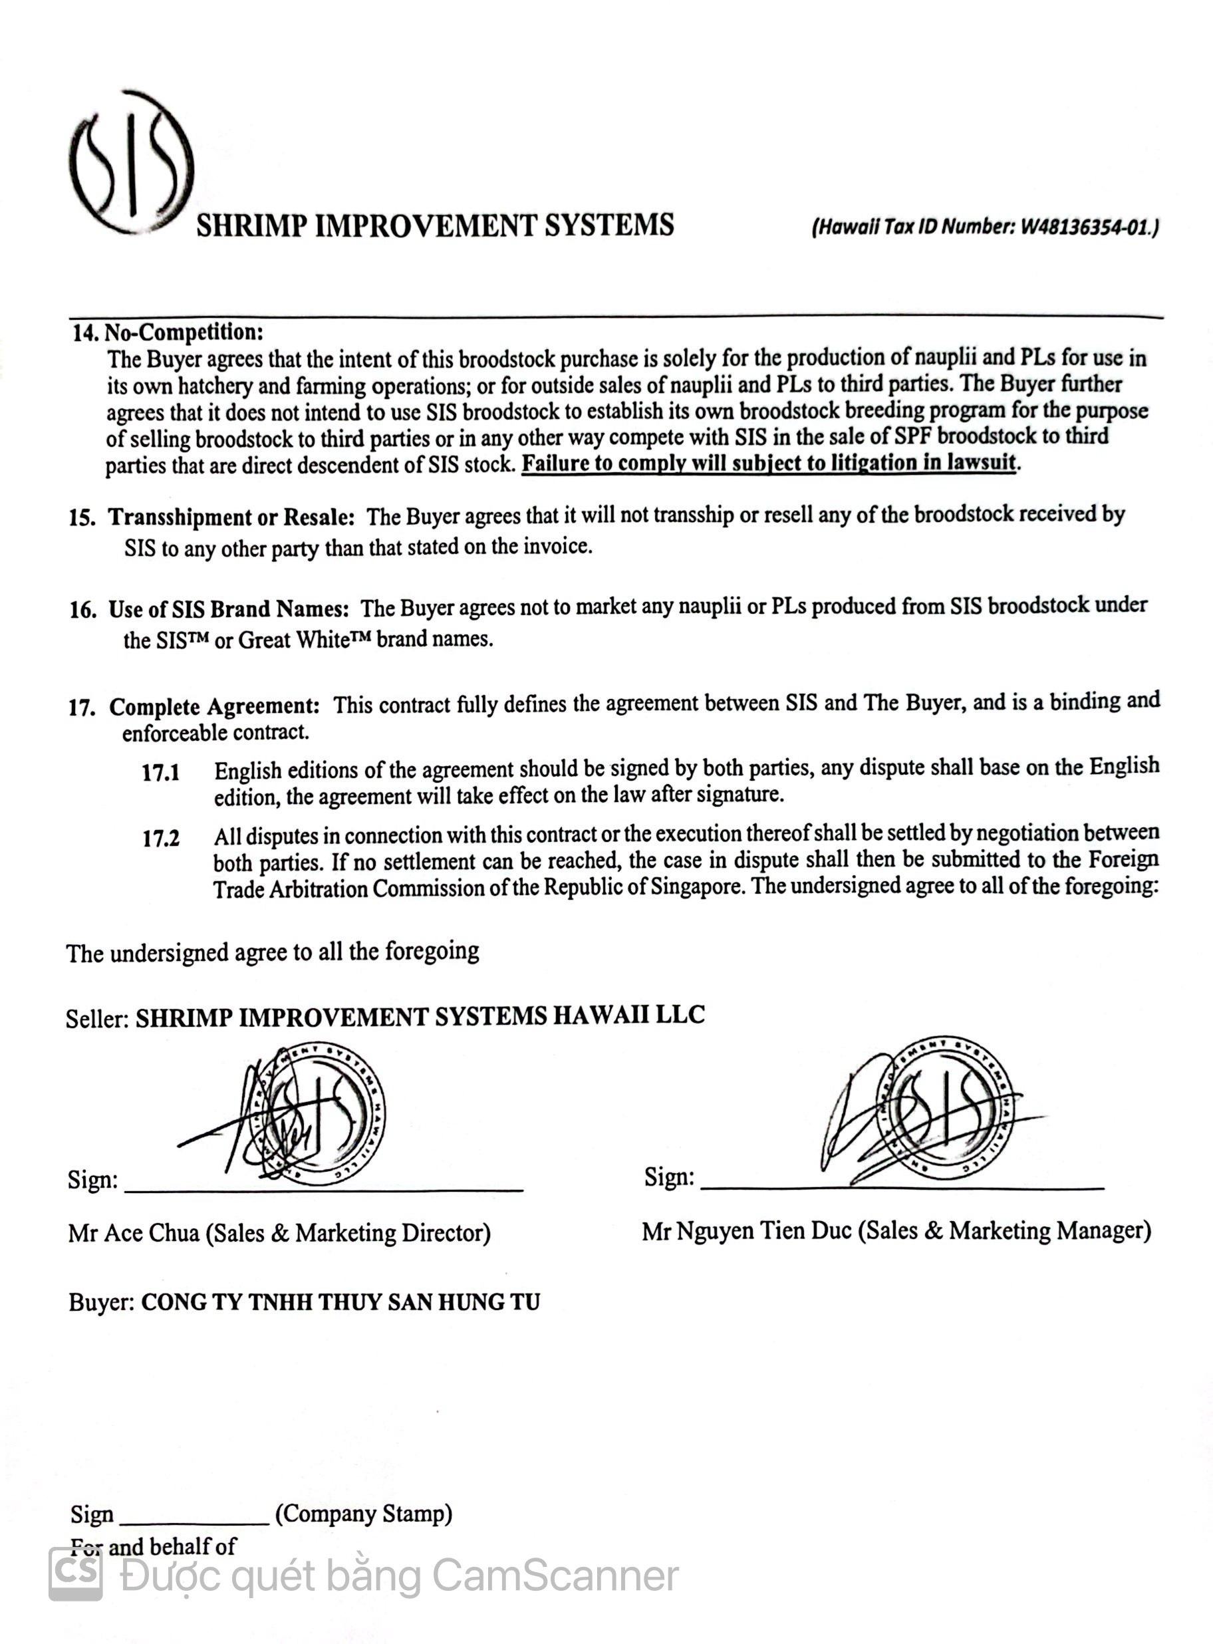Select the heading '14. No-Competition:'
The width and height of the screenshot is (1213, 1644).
point(168,333)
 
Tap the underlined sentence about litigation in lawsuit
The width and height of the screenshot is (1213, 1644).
point(768,464)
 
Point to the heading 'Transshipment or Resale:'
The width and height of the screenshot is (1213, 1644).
point(231,517)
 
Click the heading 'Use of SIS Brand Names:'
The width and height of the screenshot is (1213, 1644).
point(228,609)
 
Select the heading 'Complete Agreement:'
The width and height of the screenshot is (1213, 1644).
point(213,706)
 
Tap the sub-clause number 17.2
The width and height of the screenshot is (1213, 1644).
point(161,838)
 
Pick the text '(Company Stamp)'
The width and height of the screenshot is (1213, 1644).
point(364,1513)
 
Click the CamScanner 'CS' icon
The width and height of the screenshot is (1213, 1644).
point(76,1575)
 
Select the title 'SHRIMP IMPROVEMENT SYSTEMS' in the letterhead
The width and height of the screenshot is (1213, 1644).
point(435,225)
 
